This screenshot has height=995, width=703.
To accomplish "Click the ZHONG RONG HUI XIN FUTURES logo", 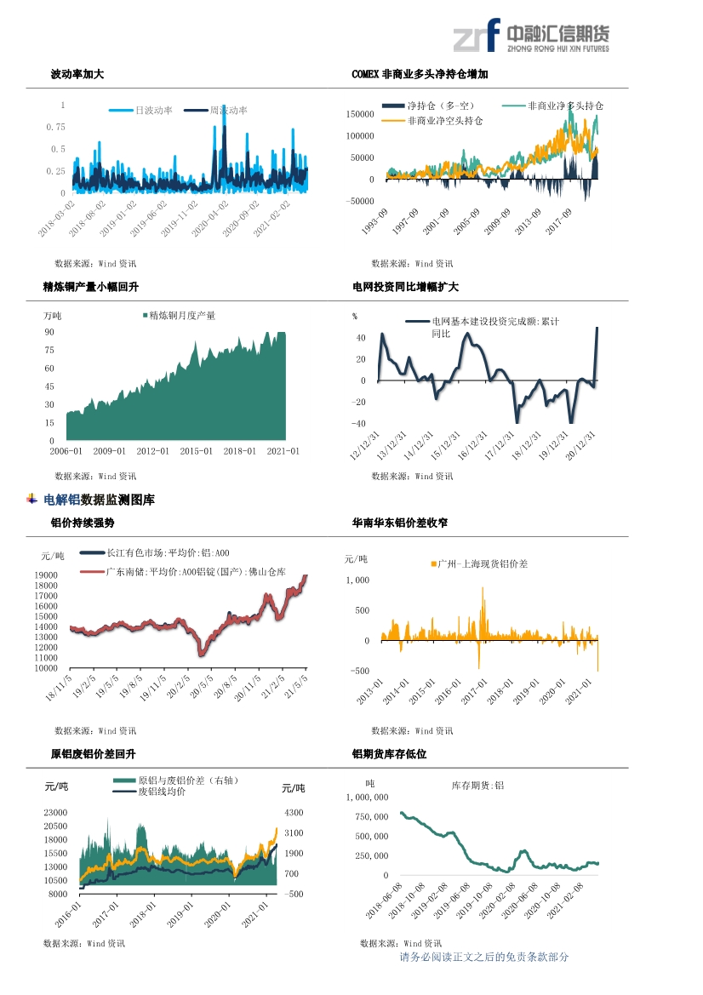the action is [531, 36].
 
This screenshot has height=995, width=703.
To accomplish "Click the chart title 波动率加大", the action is [77, 74].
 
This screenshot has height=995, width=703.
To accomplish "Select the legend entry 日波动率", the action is [140, 111].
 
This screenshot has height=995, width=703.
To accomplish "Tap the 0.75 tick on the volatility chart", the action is [56, 127].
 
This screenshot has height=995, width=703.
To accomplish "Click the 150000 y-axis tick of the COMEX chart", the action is [360, 114].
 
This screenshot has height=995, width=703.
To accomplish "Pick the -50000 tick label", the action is [360, 201].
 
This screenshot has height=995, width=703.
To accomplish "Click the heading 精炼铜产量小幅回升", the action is [91, 287].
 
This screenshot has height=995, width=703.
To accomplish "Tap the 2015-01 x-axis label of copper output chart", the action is [196, 451].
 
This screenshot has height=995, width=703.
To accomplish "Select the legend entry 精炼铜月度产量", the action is [180, 316].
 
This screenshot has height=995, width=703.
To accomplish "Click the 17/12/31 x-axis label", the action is [500, 445].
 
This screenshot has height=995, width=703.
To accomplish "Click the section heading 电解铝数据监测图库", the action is [99, 500].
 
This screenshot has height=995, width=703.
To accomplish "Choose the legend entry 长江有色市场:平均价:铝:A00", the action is [155, 553].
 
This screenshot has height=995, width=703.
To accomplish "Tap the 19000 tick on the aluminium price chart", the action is [46, 575].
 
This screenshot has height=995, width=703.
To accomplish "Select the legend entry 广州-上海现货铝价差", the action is [480, 563].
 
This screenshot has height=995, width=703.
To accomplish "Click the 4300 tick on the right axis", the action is [294, 812].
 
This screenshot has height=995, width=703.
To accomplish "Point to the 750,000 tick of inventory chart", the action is [372, 817].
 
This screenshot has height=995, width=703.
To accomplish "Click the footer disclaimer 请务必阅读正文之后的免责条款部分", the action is [484, 957].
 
